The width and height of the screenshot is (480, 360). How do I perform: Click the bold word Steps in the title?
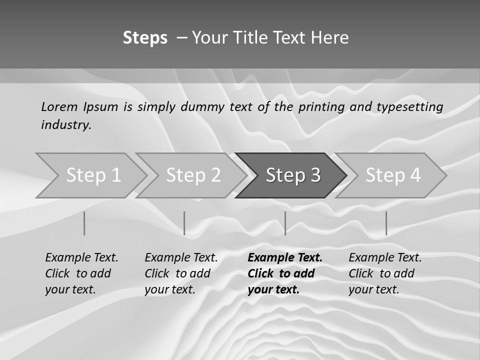click(145, 37)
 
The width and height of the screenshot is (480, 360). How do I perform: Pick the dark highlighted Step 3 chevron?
click(293, 175)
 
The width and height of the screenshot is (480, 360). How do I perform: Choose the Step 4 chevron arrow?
click(393, 175)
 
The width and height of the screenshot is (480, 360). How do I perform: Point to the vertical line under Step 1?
click(84, 223)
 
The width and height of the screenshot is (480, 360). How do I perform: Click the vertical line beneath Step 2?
click(184, 223)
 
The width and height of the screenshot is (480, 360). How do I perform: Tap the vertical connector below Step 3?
click(285, 223)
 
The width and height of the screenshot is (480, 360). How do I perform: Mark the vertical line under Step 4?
click(386, 223)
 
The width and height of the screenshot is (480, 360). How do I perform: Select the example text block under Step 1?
click(81, 273)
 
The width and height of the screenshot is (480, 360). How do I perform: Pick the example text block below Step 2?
click(181, 273)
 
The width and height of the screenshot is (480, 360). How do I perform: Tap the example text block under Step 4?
click(385, 273)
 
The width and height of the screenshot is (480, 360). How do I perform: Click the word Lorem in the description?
click(59, 106)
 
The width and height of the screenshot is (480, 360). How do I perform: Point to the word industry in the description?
click(66, 125)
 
